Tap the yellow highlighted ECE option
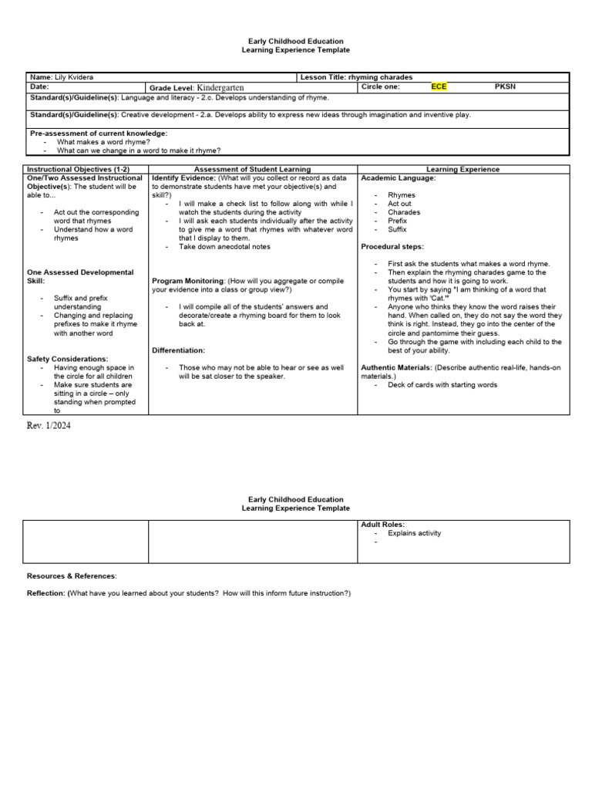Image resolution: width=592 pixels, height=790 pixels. tap(439, 87)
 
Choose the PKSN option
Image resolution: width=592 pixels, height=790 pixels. tap(505, 87)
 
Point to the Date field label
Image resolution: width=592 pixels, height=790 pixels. tap(39, 87)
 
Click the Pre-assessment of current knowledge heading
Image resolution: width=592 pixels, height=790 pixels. tap(98, 133)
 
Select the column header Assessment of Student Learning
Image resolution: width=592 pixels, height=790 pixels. tap(252, 169)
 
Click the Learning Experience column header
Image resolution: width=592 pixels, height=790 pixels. tap(462, 169)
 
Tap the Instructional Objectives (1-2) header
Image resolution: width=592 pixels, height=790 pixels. tap(78, 169)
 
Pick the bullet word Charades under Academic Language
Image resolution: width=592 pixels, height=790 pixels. tap(404, 212)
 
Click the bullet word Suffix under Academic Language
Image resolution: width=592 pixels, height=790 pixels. tap(397, 229)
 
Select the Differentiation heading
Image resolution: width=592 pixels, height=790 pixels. tap(178, 350)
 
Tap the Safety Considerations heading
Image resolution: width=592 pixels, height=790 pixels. tap(68, 359)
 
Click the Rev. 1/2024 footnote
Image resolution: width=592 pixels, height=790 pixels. tap(51, 425)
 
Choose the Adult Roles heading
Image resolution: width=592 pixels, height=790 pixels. tap(383, 525)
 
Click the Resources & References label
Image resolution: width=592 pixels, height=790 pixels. tap(72, 576)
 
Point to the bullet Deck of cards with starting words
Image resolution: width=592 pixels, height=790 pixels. tap(442, 384)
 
